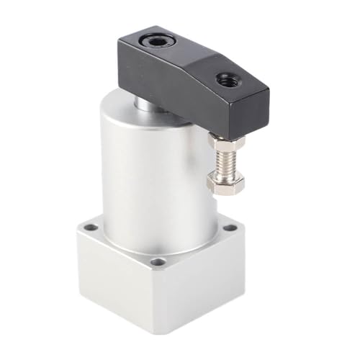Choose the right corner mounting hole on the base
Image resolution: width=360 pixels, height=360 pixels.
(x=230, y=228)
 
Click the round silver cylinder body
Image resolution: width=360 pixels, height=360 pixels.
(x=144, y=173)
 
